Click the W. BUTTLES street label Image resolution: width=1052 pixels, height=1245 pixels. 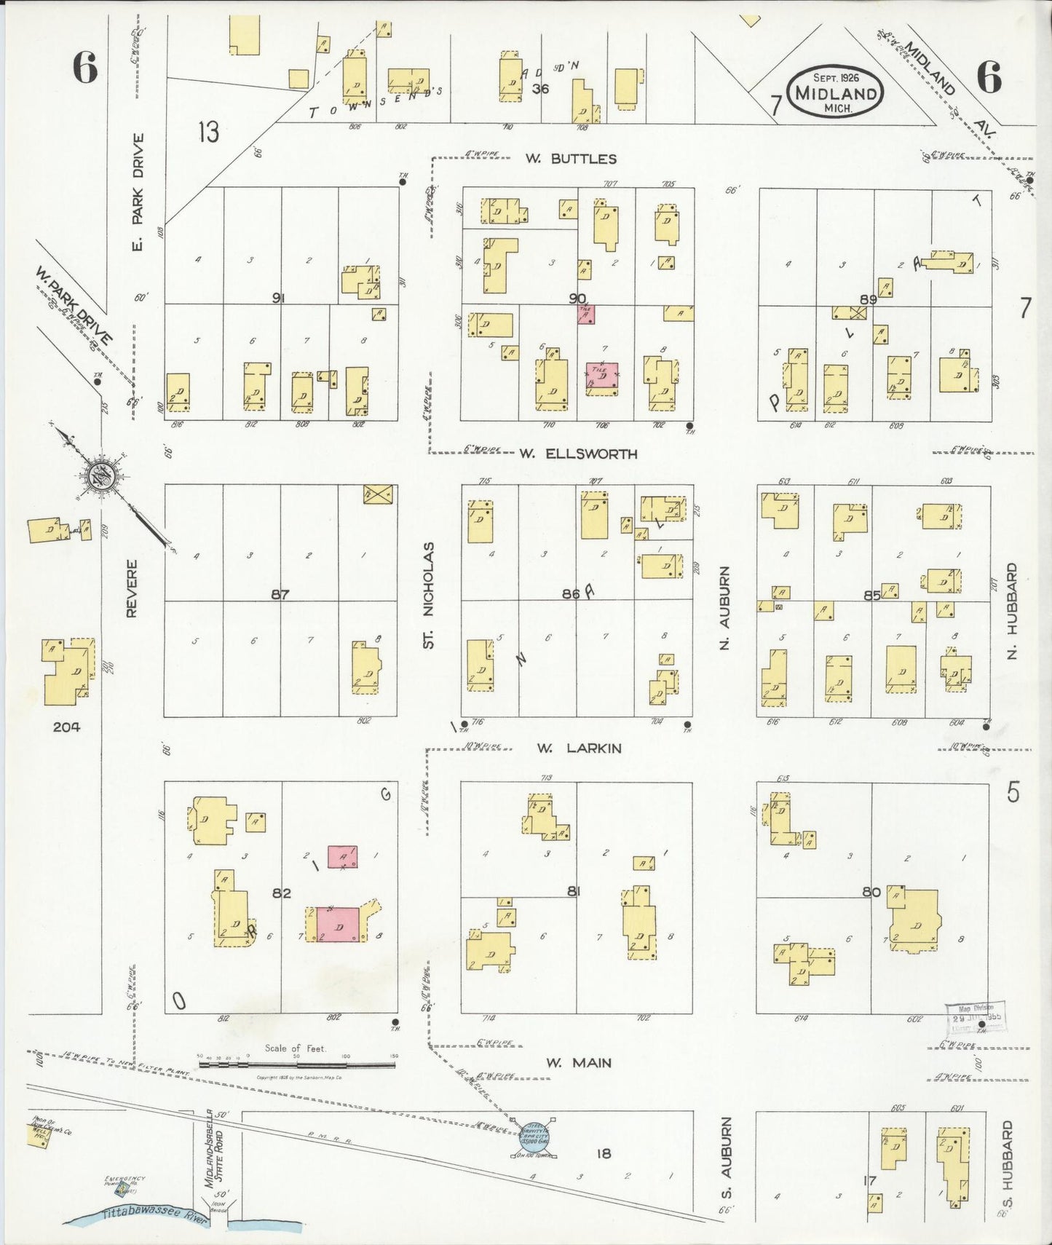[x=571, y=159]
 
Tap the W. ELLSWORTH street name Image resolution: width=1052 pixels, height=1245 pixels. [x=578, y=454]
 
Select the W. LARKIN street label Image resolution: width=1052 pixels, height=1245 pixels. [x=579, y=748]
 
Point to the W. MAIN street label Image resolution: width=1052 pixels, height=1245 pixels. [x=579, y=1063]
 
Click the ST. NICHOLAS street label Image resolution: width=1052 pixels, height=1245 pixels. [x=429, y=595]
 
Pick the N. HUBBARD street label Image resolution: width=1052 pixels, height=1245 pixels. [x=1012, y=612]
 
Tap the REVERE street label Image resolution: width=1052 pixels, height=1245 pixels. [x=132, y=588]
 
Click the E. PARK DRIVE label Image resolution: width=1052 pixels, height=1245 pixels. [x=138, y=191]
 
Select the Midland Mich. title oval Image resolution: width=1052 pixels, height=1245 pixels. [x=835, y=91]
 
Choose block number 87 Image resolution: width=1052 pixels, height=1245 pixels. [x=280, y=595]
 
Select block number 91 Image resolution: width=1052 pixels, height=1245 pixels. [x=278, y=298]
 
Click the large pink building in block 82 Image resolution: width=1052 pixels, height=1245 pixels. [x=339, y=925]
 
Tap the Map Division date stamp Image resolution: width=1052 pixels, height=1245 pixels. [x=975, y=1015]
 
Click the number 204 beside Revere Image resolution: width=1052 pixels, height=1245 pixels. [x=66, y=726]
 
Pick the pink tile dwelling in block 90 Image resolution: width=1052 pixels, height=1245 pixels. [x=602, y=378]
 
